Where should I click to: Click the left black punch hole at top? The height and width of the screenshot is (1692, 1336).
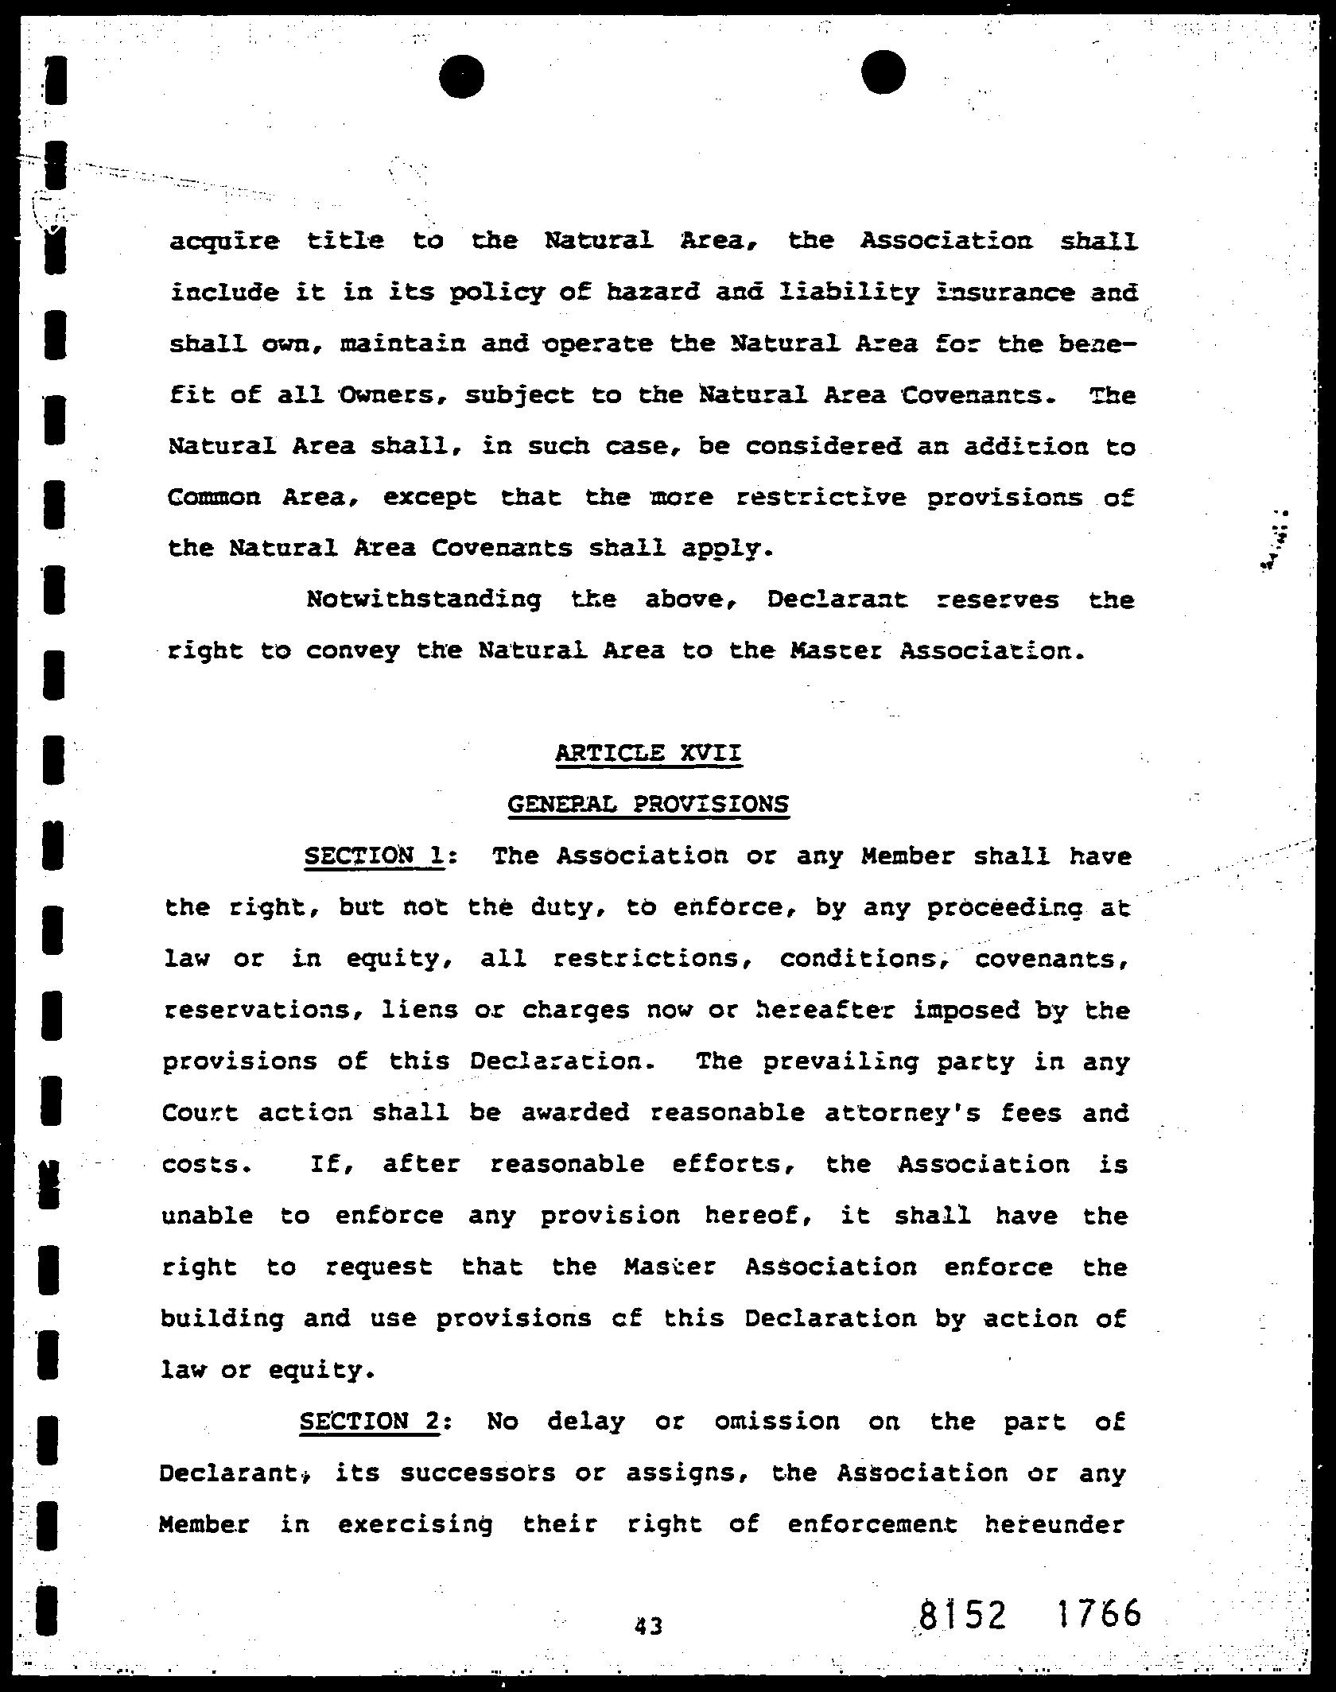pyautogui.click(x=461, y=76)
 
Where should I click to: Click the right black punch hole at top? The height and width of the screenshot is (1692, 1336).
pyautogui.click(x=884, y=72)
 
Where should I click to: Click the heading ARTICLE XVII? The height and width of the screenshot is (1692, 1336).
pyautogui.click(x=648, y=752)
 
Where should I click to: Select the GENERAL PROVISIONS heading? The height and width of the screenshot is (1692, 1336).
pyautogui.click(x=647, y=804)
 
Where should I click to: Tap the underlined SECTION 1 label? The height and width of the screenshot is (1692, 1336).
pyautogui.click(x=374, y=856)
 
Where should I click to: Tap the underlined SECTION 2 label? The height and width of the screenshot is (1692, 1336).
pyautogui.click(x=369, y=1421)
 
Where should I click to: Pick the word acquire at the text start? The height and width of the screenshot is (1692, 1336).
pyautogui.click(x=224, y=241)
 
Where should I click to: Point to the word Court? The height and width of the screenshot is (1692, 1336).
pyautogui.click(x=200, y=1113)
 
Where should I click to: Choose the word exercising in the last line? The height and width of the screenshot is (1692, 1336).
pyautogui.click(x=415, y=1524)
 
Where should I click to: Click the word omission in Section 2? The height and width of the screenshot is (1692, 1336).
pyautogui.click(x=776, y=1421)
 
